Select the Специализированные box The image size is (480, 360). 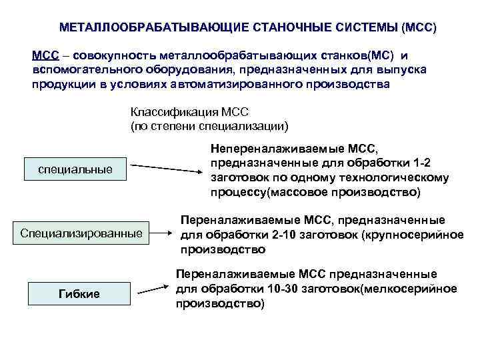(x=81, y=233)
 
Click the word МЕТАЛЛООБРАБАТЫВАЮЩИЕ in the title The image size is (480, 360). (x=149, y=28)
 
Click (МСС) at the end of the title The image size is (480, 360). (x=417, y=28)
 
